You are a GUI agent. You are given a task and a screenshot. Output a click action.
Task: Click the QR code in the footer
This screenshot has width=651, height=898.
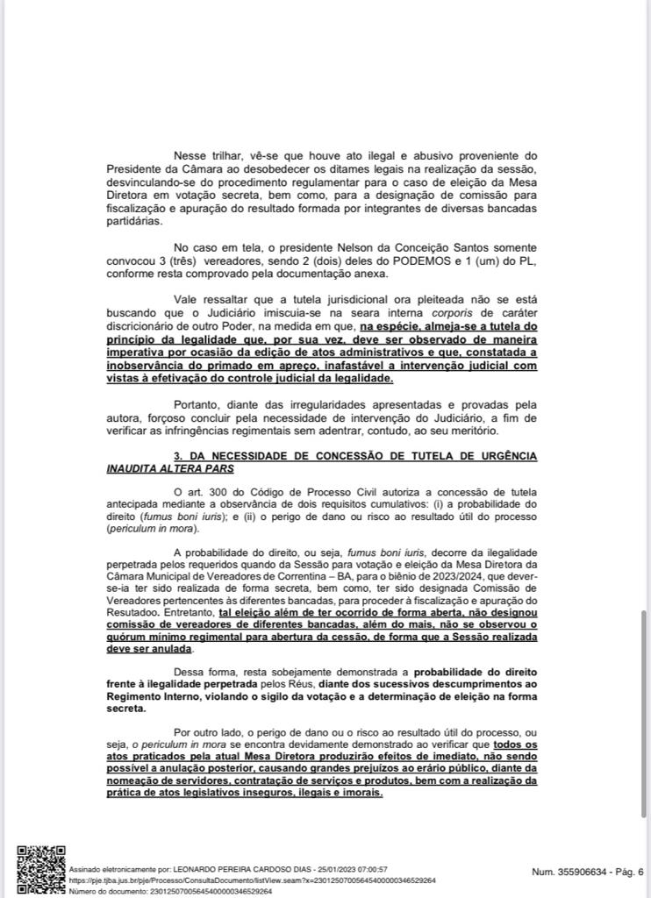tap(41, 870)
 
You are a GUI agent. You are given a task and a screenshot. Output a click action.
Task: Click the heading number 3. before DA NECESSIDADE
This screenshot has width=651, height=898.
tap(179, 457)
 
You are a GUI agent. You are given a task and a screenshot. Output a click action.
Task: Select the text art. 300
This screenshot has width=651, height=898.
tap(208, 492)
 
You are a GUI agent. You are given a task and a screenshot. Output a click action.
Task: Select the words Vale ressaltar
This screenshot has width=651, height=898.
tap(207, 300)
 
